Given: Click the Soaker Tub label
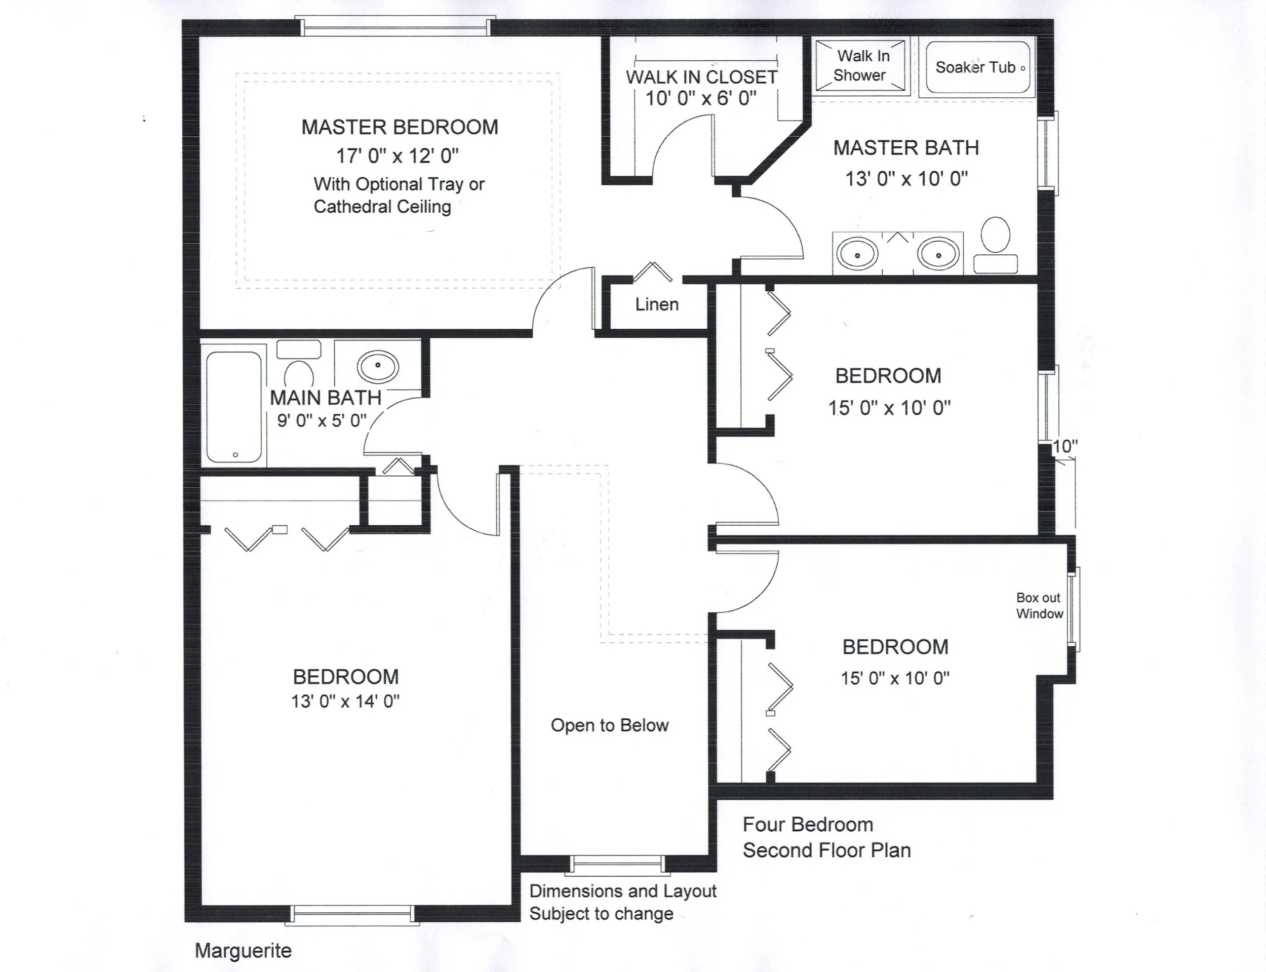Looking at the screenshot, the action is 976,68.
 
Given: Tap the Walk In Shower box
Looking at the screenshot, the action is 860,66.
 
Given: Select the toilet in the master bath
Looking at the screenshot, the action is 996,245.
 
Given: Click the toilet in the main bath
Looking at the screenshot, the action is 298,362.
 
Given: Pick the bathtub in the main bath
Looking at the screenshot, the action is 234,407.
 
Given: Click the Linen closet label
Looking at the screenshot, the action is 657,304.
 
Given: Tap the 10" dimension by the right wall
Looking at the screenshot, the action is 1065,447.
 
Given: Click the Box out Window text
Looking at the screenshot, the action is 1039,606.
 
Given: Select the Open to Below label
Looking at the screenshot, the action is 610,725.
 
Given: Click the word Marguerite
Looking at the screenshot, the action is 243,951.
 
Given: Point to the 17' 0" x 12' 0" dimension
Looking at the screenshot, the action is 398,156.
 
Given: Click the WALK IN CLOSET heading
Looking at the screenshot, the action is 701,77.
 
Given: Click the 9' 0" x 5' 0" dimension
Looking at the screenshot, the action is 322,420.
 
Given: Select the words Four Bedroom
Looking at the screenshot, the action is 808,825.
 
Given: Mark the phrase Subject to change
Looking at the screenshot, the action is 602,914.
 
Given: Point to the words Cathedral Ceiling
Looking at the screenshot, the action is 382,207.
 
